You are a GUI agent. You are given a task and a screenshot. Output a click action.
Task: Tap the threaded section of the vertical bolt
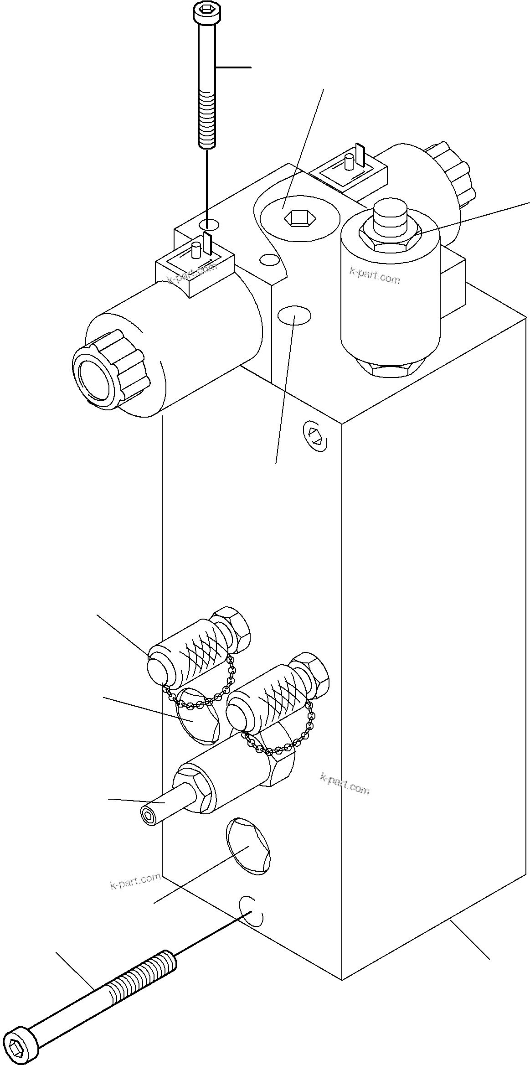(x=207, y=119)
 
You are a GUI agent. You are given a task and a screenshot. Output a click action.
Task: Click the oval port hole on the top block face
(x=294, y=315)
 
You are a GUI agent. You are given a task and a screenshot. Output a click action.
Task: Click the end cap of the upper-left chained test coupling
(x=157, y=670)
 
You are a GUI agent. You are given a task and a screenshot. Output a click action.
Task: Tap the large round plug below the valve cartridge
(x=248, y=846)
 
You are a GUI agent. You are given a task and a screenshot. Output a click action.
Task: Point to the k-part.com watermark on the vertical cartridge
(x=375, y=276)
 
